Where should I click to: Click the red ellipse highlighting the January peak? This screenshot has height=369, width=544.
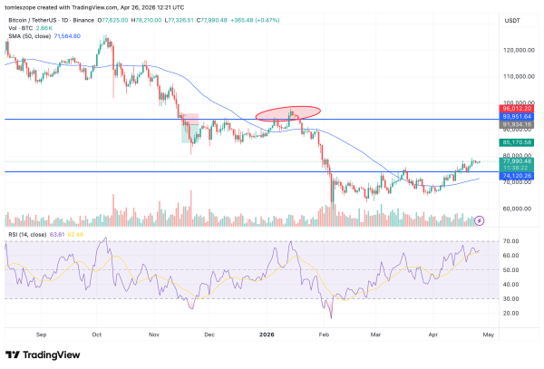pyautogui.click(x=288, y=113)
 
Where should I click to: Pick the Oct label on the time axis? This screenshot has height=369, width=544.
pyautogui.click(x=96, y=334)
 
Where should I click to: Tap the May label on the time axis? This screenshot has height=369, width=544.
pyautogui.click(x=488, y=334)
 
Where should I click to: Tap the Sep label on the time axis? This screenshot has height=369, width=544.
pyautogui.click(x=41, y=334)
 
